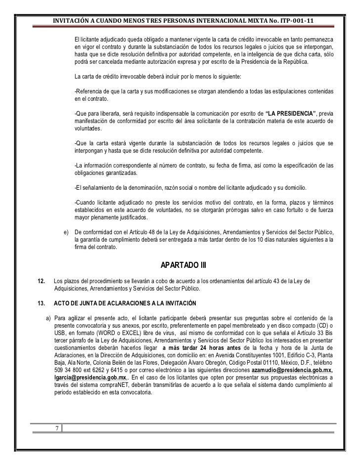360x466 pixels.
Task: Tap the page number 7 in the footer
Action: pos(56,427)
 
